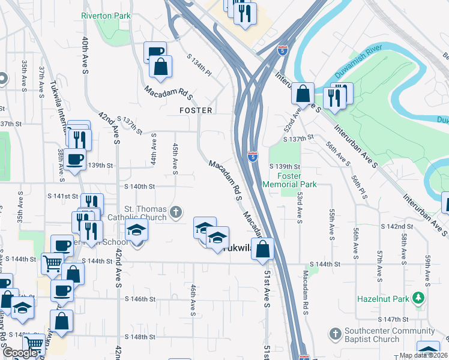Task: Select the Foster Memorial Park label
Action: coord(290,180)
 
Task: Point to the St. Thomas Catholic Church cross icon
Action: coord(176,212)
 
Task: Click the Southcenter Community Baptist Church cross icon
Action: coord(335,332)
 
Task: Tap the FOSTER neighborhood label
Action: coord(196,110)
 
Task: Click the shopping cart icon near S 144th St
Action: coord(53,263)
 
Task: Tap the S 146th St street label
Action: coord(140,299)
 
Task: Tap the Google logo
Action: coord(20,353)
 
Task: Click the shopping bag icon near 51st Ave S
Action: coord(263,249)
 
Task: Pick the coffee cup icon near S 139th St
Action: coord(74,160)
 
